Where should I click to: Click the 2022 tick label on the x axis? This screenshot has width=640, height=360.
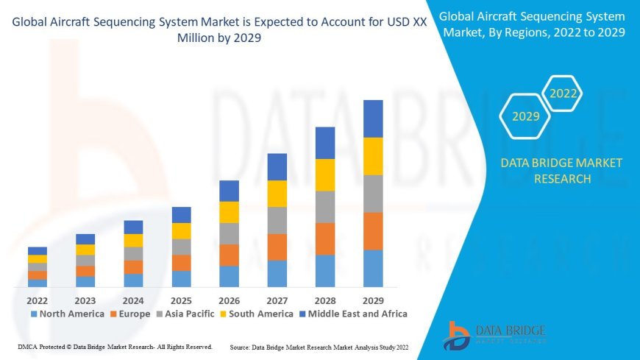pyautogui.click(x=38, y=300)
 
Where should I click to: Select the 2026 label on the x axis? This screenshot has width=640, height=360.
pyautogui.click(x=229, y=300)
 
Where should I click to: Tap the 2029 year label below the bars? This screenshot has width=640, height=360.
pyautogui.click(x=373, y=300)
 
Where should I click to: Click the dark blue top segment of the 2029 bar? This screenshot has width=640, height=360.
pyautogui.click(x=373, y=119)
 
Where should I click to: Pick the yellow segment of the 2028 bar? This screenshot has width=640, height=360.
pyautogui.click(x=325, y=174)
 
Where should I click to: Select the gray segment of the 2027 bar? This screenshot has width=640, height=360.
pyautogui.click(x=277, y=220)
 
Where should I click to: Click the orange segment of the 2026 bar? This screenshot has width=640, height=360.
pyautogui.click(x=229, y=255)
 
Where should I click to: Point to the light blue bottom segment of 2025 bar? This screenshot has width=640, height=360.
pyautogui.click(x=181, y=278)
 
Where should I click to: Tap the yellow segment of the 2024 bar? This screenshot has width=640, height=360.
pyautogui.click(x=133, y=240)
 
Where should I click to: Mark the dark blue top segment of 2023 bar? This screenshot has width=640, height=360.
pyautogui.click(x=85, y=239)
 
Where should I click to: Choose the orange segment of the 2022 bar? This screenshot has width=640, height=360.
pyautogui.click(x=38, y=275)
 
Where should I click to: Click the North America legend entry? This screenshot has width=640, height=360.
pyautogui.click(x=67, y=314)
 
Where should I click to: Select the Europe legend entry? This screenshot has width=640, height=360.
pyautogui.click(x=130, y=314)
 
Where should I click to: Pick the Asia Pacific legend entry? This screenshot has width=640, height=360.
pyautogui.click(x=185, y=314)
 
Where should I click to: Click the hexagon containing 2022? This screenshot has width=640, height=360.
pyautogui.click(x=563, y=93)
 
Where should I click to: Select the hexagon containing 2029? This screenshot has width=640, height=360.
pyautogui.click(x=525, y=116)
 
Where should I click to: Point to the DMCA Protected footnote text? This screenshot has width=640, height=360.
pyautogui.click(x=114, y=347)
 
